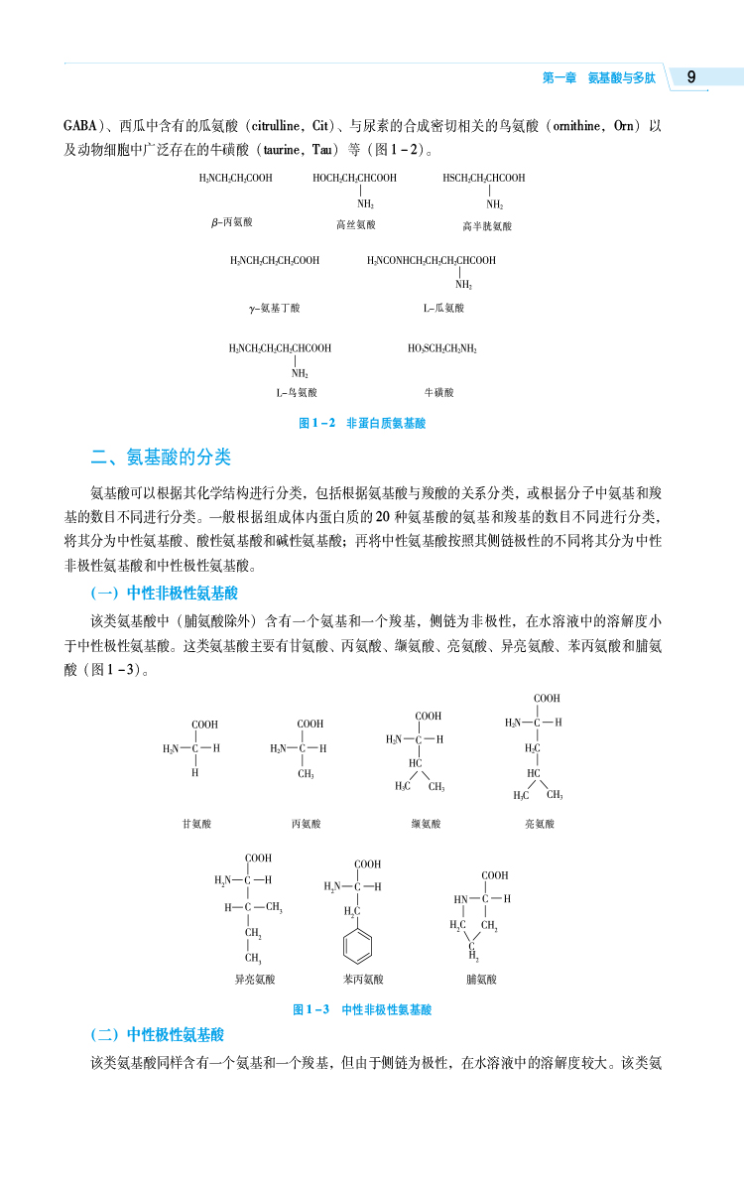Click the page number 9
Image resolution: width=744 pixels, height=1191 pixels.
pyautogui.click(x=691, y=77)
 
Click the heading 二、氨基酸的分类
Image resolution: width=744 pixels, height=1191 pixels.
pyautogui.click(x=161, y=458)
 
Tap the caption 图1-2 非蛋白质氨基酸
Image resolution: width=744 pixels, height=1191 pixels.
pyautogui.click(x=362, y=423)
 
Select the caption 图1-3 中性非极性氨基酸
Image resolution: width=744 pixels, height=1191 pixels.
pyautogui.click(x=362, y=1009)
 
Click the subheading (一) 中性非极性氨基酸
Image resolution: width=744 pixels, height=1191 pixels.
pyautogui.click(x=164, y=594)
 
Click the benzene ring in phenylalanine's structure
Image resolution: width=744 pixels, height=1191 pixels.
pyautogui.click(x=358, y=944)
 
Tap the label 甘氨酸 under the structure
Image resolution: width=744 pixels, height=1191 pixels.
pyautogui.click(x=196, y=824)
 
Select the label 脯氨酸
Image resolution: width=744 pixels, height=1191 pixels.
pyautogui.click(x=481, y=980)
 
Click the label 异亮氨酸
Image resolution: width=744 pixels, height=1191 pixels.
pyautogui.click(x=254, y=980)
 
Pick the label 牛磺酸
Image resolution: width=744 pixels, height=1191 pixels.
pyautogui.click(x=438, y=393)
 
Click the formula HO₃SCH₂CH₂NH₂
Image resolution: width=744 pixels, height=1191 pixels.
pyautogui.click(x=442, y=349)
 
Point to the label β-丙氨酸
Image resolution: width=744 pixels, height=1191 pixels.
pyautogui.click(x=231, y=223)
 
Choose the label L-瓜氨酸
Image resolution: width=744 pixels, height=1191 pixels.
pyautogui.click(x=443, y=309)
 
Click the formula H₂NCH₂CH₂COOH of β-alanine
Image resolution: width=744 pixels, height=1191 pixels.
pyautogui.click(x=235, y=179)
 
